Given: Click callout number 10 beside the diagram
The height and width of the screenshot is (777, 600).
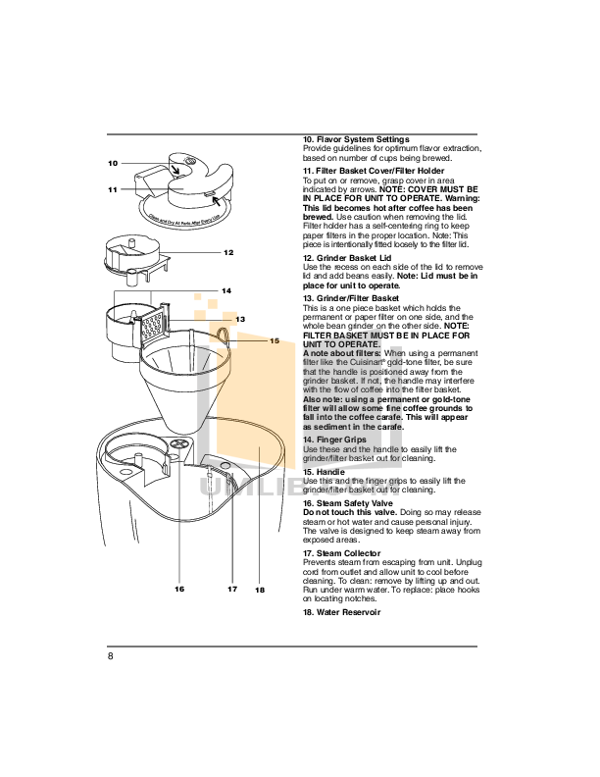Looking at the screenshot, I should click(x=113, y=163).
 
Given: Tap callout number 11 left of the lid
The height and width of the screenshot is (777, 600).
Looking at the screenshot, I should click(x=113, y=189).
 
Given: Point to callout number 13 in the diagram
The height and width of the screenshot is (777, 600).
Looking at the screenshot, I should click(x=238, y=319).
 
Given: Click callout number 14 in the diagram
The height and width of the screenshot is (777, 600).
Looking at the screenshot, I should click(x=225, y=291).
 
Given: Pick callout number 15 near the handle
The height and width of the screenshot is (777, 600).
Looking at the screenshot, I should click(x=275, y=340).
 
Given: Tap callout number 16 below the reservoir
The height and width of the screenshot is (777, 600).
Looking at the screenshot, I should click(x=179, y=589).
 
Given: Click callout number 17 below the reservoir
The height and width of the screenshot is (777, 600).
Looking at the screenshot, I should click(x=232, y=589).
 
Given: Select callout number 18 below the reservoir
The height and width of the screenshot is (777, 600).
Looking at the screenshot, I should click(x=260, y=590).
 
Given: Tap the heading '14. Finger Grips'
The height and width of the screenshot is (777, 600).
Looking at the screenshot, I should click(x=335, y=440).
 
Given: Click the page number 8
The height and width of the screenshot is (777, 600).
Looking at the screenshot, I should click(x=111, y=656).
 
